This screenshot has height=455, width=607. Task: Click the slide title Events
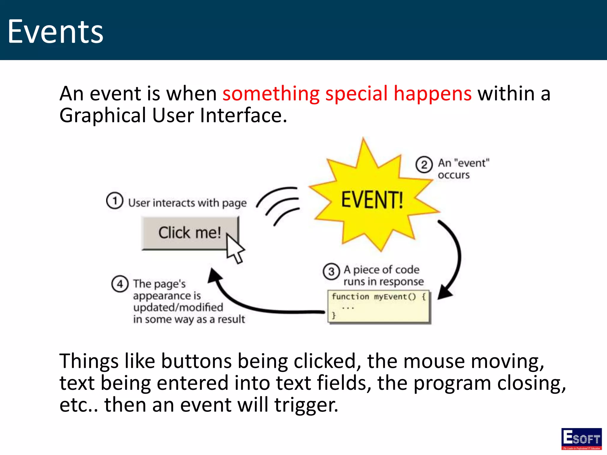click(55, 32)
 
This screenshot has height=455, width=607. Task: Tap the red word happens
click(433, 94)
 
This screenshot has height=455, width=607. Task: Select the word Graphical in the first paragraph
click(103, 116)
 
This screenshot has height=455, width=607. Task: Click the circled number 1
click(114, 201)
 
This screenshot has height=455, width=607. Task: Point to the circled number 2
click(424, 165)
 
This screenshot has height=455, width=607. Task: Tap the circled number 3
click(331, 271)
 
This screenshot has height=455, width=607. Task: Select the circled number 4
click(120, 284)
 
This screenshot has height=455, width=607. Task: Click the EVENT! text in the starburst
click(372, 200)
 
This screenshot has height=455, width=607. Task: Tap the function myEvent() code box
click(379, 306)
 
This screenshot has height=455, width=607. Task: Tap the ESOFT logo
click(581, 439)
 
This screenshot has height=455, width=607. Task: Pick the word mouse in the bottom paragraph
click(434, 362)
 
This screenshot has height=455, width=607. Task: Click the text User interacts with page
click(187, 203)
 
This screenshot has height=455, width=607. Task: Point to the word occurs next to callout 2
click(453, 175)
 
